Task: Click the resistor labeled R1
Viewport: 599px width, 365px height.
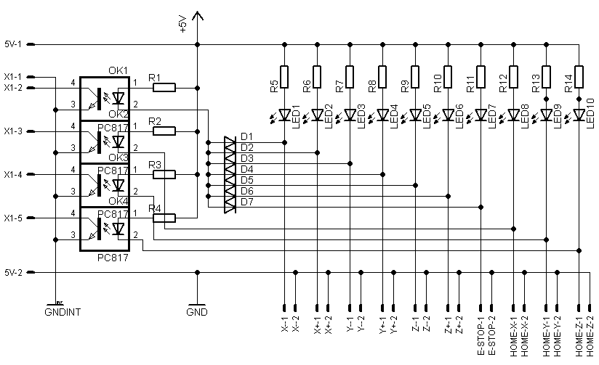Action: (164, 88)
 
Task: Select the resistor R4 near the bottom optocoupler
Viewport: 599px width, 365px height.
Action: (164, 218)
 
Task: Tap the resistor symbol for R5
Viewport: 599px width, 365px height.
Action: (284, 76)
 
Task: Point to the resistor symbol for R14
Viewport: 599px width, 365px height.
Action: (579, 76)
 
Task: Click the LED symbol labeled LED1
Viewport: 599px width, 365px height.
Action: (284, 115)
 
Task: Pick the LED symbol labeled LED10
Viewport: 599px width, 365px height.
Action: (579, 115)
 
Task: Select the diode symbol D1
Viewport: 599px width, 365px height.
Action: (230, 144)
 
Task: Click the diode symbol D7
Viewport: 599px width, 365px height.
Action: (230, 207)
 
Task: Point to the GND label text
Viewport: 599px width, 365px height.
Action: (196, 313)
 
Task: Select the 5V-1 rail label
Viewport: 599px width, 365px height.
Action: (14, 44)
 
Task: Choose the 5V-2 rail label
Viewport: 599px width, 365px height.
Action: (14, 273)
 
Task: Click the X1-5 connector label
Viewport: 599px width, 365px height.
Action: (14, 218)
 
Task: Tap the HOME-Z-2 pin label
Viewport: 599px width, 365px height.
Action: (590, 336)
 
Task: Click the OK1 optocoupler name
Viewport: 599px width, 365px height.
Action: (118, 70)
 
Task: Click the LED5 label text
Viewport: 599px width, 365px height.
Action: (427, 117)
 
